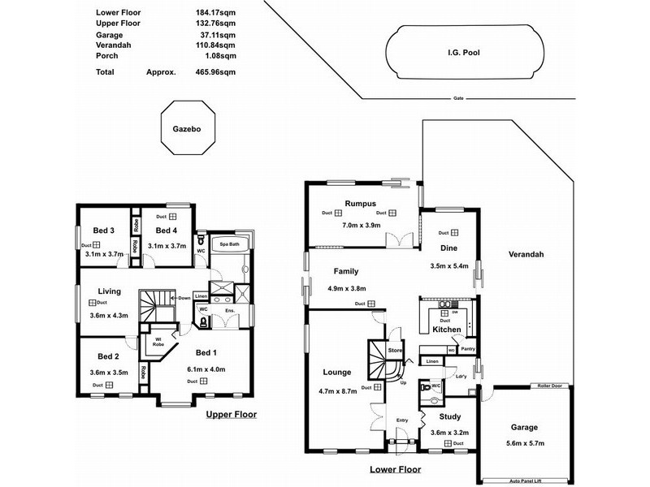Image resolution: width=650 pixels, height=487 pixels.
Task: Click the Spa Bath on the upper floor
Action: pyautogui.click(x=227, y=244)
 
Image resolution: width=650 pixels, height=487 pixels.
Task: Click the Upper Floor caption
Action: pyautogui.click(x=231, y=414)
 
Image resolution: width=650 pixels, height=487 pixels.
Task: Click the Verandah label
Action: pyautogui.click(x=526, y=254)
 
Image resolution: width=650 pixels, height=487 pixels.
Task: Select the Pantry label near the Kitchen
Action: pyautogui.click(x=467, y=349)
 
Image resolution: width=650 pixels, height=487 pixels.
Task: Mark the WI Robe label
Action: pyautogui.click(x=158, y=341)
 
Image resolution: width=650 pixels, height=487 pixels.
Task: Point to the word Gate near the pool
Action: pyautogui.click(x=458, y=99)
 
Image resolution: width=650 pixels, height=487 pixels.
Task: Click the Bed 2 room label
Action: pyautogui.click(x=108, y=356)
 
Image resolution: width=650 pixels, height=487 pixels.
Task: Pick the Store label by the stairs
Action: pyautogui.click(x=395, y=350)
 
